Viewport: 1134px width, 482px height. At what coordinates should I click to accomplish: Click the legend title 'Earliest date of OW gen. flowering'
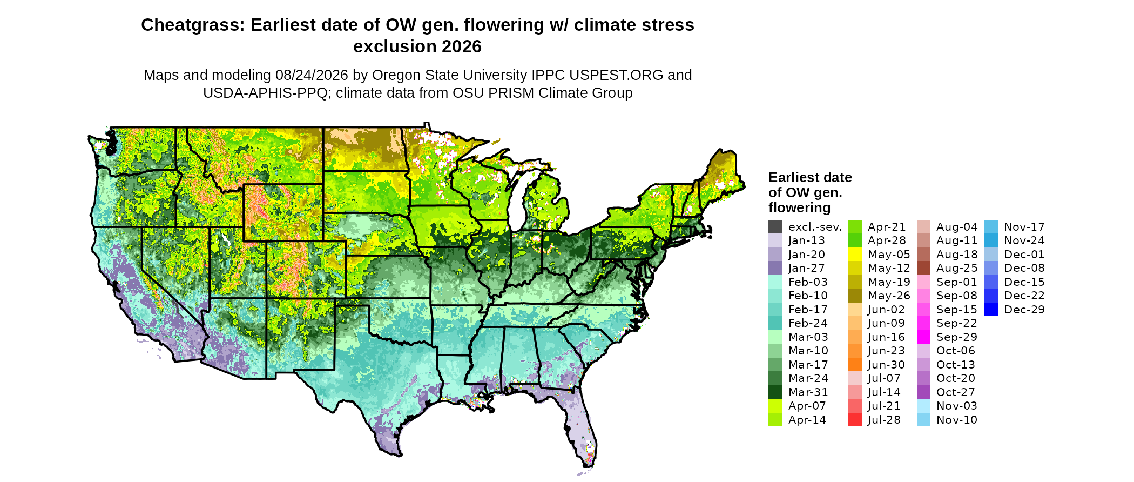coord(810,192)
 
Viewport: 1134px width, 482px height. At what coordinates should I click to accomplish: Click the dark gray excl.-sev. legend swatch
coord(775,227)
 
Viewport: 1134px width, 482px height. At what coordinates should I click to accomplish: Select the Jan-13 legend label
coord(807,240)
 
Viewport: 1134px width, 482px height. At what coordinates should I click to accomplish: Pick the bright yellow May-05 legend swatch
coord(855,255)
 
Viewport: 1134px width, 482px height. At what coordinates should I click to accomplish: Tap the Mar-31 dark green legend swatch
coord(775,392)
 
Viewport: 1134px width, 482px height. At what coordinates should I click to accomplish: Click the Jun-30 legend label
coord(886,365)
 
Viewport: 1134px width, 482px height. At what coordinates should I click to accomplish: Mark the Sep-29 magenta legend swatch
coord(924,337)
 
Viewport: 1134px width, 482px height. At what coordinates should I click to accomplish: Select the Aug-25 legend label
coord(957,268)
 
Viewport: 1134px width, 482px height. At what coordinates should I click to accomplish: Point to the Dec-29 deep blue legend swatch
coord(991,310)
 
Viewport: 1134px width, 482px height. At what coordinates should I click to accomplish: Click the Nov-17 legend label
coord(1024,227)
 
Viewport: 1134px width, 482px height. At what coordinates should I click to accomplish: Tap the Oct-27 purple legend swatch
coord(924,392)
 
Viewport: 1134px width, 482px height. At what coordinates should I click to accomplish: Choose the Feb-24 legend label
coord(808,323)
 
